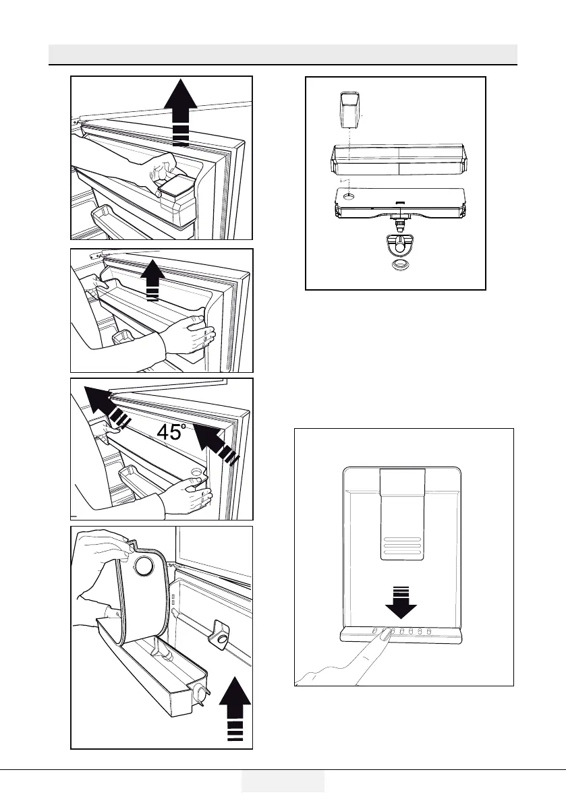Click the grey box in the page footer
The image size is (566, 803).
pos(283,781)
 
